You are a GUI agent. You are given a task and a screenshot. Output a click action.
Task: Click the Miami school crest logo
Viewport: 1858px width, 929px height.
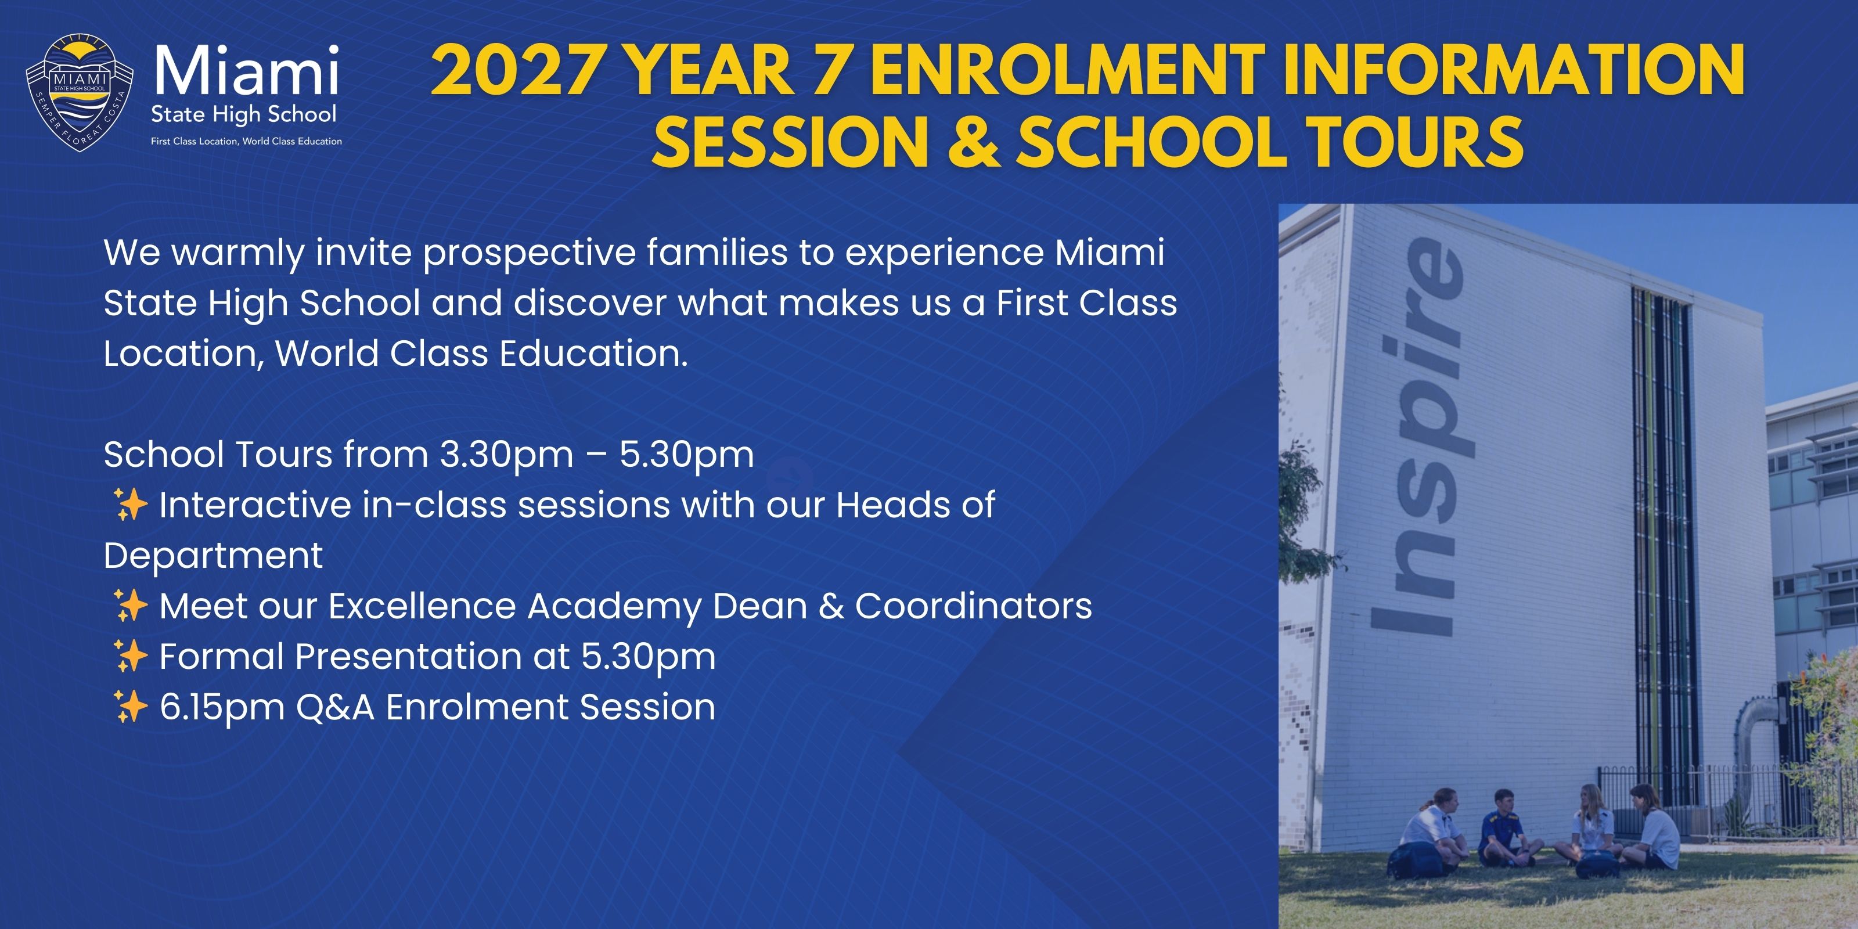80,92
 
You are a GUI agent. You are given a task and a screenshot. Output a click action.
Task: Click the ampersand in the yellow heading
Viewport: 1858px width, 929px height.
973,141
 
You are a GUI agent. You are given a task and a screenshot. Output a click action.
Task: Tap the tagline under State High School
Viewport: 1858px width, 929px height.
247,141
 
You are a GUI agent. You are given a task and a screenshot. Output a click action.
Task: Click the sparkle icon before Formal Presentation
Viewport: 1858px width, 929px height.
131,656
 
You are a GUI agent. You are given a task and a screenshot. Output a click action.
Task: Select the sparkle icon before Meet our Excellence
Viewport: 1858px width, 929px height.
131,605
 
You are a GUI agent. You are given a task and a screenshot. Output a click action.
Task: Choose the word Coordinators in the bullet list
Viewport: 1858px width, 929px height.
974,606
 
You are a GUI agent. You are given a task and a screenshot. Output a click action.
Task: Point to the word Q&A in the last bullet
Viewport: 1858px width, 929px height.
336,707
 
